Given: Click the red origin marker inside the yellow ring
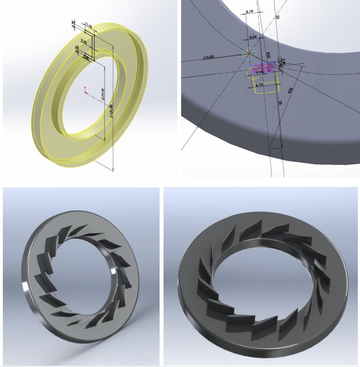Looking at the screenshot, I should click(85, 90).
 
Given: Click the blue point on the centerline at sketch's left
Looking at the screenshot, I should click(214, 74).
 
